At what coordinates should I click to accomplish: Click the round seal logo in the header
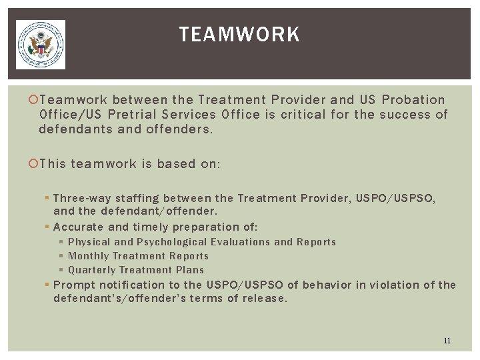click(41, 45)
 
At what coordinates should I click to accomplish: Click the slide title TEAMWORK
click(239, 35)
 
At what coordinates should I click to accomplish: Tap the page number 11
click(447, 341)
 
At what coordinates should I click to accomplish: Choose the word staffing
click(138, 198)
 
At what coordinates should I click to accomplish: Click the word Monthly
click(89, 256)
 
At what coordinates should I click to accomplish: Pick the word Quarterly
click(92, 270)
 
